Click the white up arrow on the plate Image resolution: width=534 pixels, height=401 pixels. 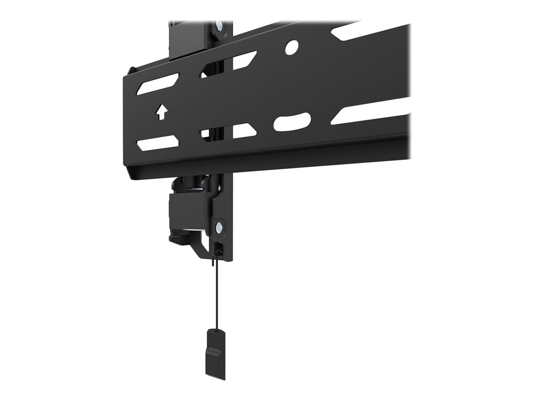coord(162,112)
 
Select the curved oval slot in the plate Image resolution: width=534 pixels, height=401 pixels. coord(292,121)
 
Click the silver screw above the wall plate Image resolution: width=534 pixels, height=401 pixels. coord(220,25)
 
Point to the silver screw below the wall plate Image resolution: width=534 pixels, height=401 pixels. coord(220,229)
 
